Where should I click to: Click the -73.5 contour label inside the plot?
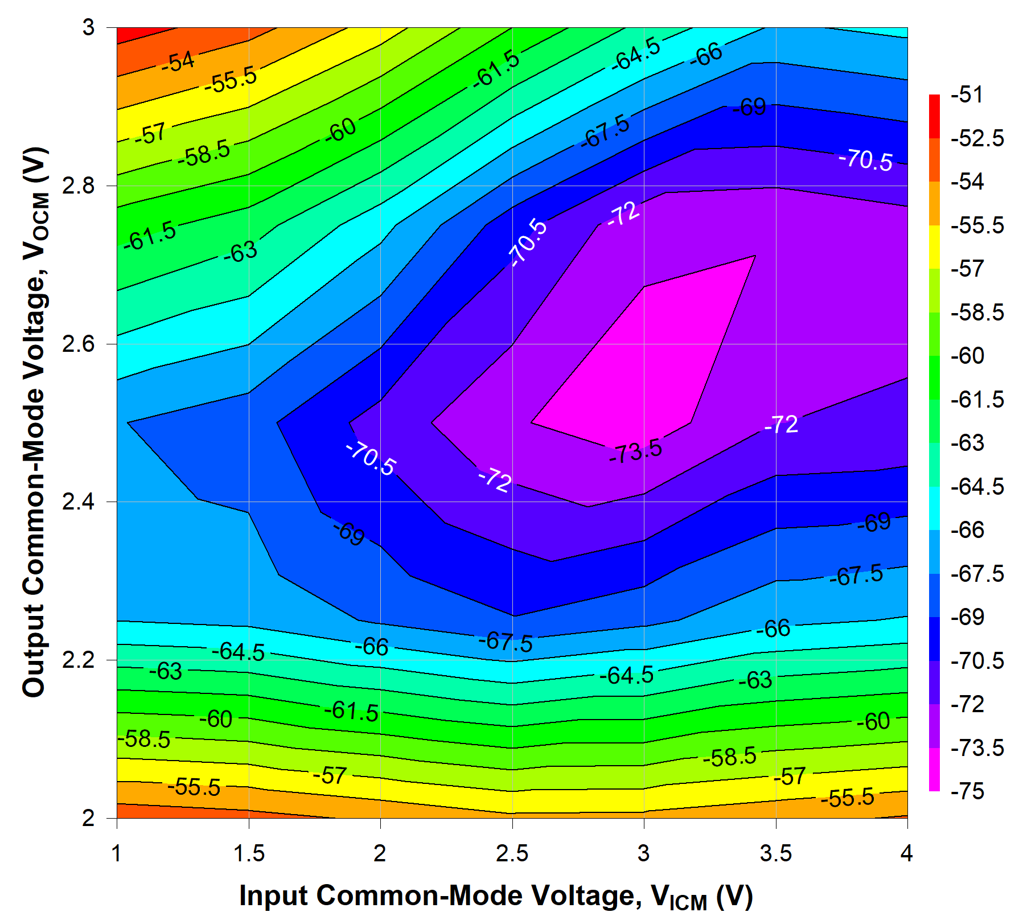click(636, 451)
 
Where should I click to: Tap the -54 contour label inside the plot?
click(178, 61)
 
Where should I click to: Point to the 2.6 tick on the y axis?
click(75, 344)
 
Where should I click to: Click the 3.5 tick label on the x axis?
click(776, 853)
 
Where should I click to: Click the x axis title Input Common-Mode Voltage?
click(495, 896)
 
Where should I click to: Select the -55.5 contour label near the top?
click(231, 80)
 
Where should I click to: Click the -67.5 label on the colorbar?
click(977, 574)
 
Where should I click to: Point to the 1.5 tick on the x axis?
click(249, 853)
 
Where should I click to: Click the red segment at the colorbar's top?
click(934, 116)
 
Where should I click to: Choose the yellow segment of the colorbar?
click(934, 247)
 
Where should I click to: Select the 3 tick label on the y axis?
click(88, 27)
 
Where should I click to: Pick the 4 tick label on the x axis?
click(906, 853)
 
